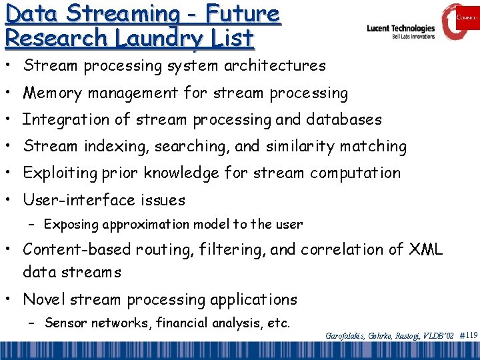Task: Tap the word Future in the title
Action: pyautogui.click(x=242, y=13)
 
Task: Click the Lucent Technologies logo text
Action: pyautogui.click(x=400, y=29)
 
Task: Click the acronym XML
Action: pyautogui.click(x=426, y=249)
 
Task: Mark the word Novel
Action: pyautogui.click(x=43, y=299)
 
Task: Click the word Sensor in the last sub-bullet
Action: pyautogui.click(x=65, y=323)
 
